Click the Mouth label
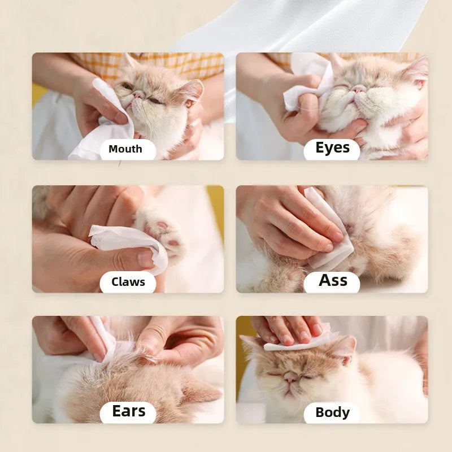pos(125,149)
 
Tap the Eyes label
pos(332,147)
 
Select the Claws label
pos(128,282)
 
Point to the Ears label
pos(129,411)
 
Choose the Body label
pos(332,412)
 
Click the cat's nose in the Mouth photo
pos(138,94)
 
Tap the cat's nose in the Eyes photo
pos(358,89)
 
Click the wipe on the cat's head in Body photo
pos(297,340)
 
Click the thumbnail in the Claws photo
pos(145,258)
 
